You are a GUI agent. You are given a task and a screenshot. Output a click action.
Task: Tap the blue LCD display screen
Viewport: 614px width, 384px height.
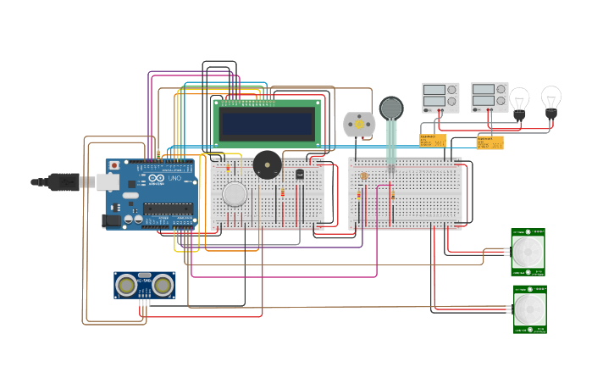point(267,124)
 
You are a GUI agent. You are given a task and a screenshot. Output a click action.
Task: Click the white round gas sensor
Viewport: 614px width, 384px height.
point(235,194)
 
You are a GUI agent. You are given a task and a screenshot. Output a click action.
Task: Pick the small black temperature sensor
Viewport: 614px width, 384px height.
point(299,174)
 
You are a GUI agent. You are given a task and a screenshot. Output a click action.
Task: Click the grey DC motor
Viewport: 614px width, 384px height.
point(358,125)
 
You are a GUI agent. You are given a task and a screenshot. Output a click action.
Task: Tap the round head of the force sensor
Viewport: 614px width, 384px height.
point(391,108)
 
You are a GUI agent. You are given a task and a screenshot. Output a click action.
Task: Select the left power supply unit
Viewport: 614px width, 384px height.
point(440,97)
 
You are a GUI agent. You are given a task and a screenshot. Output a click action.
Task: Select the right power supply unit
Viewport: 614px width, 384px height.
point(490,97)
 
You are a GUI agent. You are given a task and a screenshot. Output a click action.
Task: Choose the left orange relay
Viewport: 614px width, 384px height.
point(433,141)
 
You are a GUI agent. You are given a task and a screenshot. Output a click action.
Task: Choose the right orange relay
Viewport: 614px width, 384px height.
point(490,142)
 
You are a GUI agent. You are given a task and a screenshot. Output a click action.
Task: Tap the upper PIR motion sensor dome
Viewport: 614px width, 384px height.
point(528,251)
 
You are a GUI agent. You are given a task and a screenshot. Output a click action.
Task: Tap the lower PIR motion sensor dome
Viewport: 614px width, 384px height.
point(529,309)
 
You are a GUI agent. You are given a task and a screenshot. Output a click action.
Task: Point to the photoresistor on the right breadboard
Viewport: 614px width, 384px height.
point(364,176)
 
